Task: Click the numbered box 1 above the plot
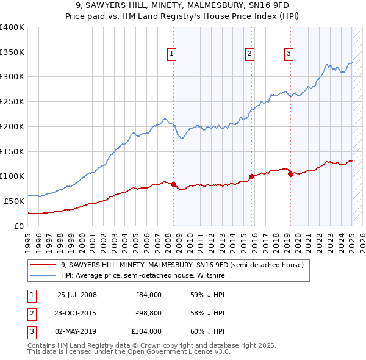click(x=173, y=54)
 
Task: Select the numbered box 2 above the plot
click(x=250, y=54)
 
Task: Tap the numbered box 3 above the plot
click(x=289, y=54)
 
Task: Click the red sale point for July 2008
click(x=174, y=184)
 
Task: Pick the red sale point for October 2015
click(x=251, y=177)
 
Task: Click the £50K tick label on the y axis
click(x=15, y=201)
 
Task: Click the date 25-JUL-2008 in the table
click(x=77, y=295)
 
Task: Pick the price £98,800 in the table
click(x=148, y=313)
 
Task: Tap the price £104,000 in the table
click(x=146, y=331)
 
